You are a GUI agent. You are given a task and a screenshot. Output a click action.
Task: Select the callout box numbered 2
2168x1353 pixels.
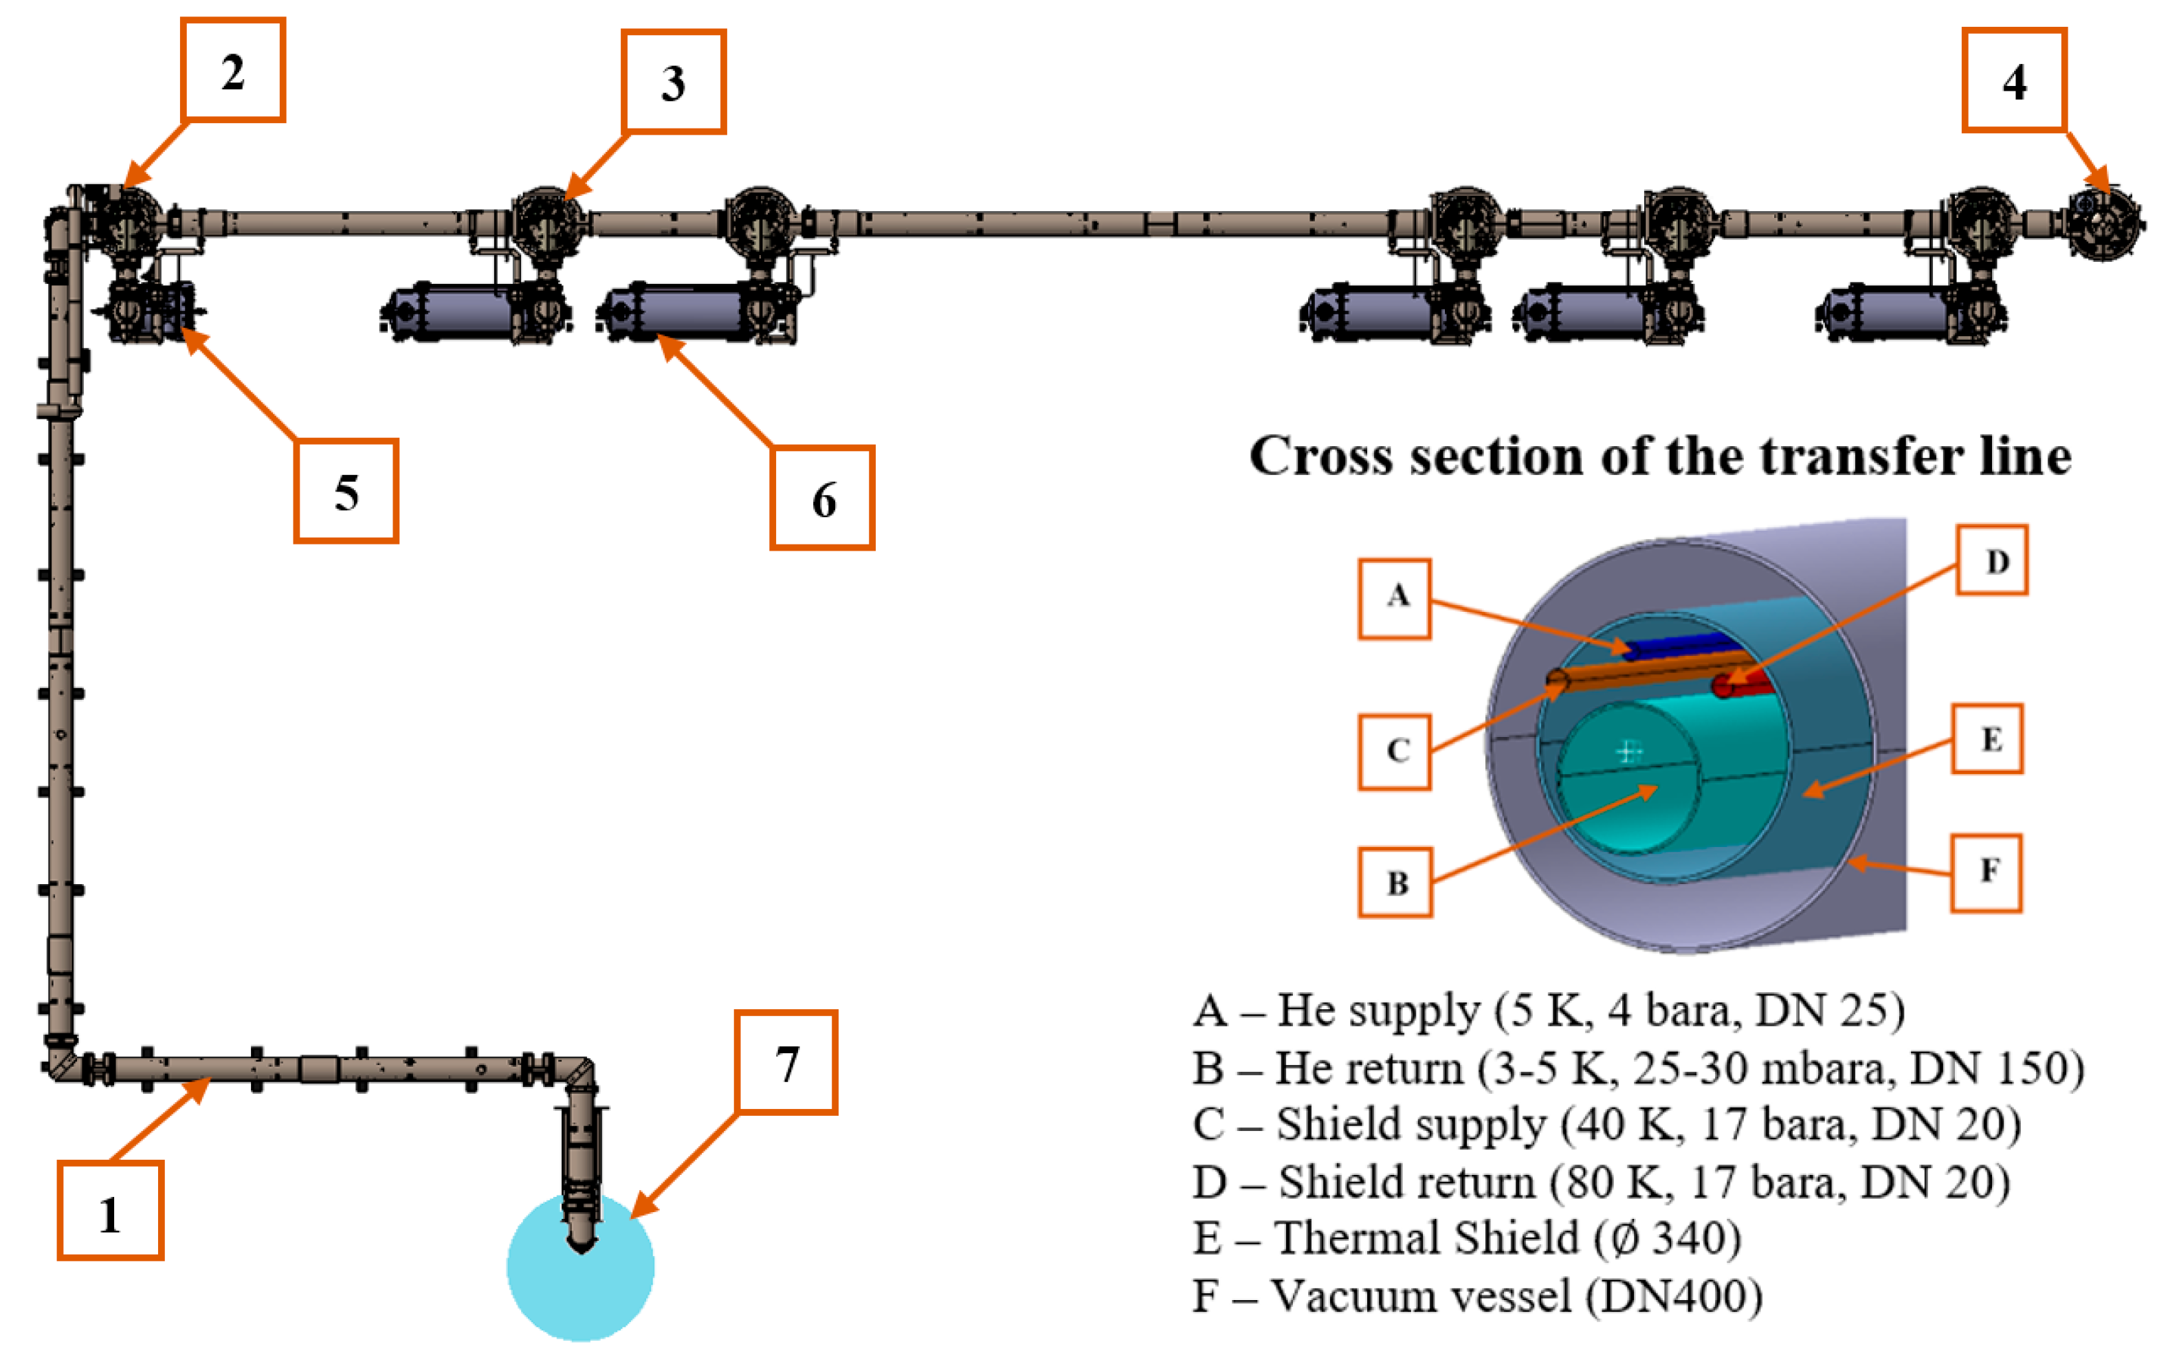(232, 70)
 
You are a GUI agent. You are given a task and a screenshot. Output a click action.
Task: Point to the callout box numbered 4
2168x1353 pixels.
(2014, 80)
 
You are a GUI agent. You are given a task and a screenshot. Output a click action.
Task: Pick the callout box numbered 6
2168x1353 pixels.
(822, 498)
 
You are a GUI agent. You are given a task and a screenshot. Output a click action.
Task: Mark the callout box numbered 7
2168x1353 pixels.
(786, 1062)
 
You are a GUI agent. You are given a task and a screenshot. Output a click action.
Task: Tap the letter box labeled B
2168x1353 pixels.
(1395, 882)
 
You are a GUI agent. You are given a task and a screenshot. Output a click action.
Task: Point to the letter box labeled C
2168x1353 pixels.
(1394, 751)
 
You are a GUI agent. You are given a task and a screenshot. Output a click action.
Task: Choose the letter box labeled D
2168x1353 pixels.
(1992, 561)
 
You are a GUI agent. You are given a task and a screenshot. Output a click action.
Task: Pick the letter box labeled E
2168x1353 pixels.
(1987, 739)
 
